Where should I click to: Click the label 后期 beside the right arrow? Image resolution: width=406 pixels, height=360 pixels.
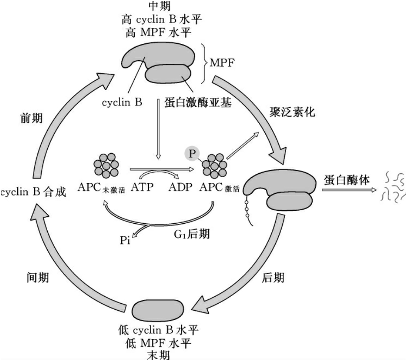(x=273, y=278)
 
